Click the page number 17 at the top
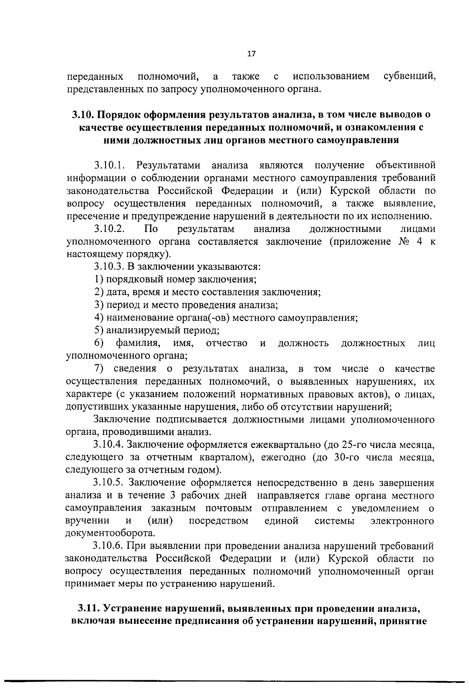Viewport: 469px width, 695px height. pyautogui.click(x=251, y=54)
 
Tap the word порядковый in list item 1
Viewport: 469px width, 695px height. pyautogui.click(x=131, y=279)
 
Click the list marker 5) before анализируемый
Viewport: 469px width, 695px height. pyautogui.click(x=99, y=330)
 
